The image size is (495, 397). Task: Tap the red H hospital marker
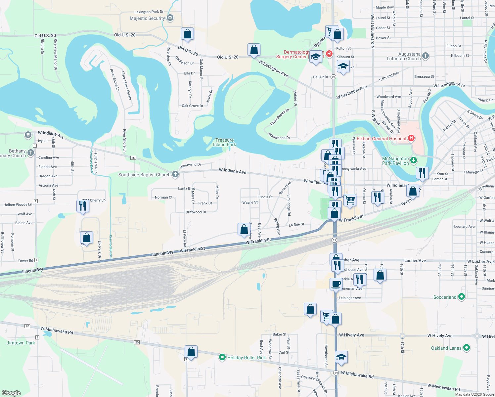(x=411, y=138)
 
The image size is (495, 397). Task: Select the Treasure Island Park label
(x=224, y=142)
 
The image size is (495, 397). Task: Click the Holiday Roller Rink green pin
(x=222, y=357)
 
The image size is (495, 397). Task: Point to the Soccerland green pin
(x=461, y=297)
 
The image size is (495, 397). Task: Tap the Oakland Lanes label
(x=446, y=348)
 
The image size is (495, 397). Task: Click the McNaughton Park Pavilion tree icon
(x=413, y=161)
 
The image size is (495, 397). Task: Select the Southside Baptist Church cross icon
(x=175, y=174)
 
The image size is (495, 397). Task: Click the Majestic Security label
(x=147, y=18)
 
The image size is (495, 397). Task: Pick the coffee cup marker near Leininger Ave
(x=336, y=284)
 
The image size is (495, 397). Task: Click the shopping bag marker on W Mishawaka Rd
(x=191, y=351)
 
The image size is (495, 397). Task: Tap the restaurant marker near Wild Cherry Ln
(x=82, y=206)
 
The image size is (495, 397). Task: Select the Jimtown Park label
(x=21, y=343)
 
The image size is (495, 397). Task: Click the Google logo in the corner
(x=11, y=393)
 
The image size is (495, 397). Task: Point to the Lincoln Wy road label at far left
(x=32, y=270)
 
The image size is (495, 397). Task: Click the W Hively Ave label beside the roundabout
(x=440, y=335)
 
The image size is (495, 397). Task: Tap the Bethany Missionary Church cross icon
(x=31, y=153)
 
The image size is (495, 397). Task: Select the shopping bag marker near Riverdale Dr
(x=187, y=34)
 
